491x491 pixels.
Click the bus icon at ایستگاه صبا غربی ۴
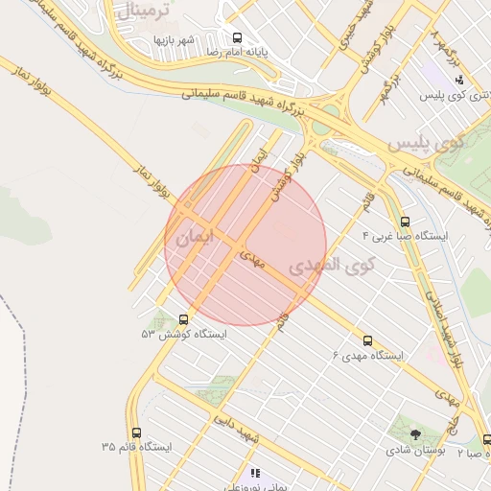pos(404,222)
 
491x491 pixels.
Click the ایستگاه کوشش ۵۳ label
pos(184,335)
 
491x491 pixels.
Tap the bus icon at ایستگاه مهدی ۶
pos(367,340)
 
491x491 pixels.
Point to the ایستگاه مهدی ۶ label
pos(368,355)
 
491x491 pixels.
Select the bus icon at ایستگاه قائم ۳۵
pos(135,433)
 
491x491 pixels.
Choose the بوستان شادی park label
pos(414,449)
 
